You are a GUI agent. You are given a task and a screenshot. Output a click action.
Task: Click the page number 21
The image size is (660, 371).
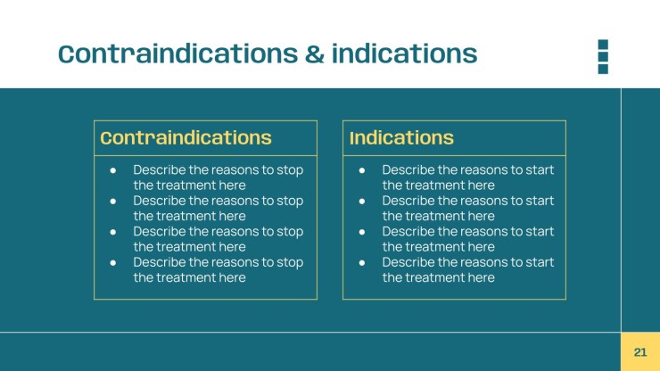[639, 352]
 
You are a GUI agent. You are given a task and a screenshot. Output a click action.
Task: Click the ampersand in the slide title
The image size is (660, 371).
[315, 54]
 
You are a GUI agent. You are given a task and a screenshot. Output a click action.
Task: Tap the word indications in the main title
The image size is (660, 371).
[405, 54]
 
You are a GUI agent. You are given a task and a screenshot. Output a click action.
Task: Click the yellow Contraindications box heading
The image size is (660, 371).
[186, 137]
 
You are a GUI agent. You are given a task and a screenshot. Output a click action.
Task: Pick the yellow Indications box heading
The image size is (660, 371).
[401, 137]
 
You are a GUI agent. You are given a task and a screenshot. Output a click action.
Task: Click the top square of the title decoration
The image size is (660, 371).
[603, 45]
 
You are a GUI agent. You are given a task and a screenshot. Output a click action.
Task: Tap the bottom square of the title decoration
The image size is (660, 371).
[603, 69]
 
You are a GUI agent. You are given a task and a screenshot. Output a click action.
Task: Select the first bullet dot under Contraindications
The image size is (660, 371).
[112, 170]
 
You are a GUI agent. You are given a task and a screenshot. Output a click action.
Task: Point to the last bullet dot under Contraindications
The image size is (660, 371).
[112, 263]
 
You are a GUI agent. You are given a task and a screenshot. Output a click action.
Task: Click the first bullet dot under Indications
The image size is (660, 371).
[362, 170]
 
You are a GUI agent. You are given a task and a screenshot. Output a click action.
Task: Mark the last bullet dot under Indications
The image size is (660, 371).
[362, 263]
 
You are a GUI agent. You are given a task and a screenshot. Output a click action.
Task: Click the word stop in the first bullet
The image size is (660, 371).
[290, 170]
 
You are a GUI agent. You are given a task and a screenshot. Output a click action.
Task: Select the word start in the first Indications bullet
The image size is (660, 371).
[540, 169]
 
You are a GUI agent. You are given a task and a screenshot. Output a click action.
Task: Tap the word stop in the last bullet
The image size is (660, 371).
[290, 263]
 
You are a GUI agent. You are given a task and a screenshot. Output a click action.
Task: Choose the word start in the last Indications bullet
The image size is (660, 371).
[540, 262]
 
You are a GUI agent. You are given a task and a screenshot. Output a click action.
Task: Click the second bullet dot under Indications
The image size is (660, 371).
[362, 202]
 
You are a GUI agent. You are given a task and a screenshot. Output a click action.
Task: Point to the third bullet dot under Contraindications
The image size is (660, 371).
[112, 232]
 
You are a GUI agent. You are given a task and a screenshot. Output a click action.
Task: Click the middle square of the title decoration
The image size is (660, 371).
[603, 56]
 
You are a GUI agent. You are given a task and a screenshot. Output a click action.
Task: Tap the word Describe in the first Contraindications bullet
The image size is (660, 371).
[160, 169]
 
